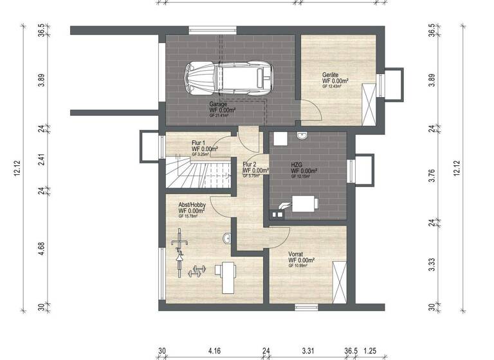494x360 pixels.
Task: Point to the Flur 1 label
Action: (198, 143)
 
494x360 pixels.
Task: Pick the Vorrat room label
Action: (296, 253)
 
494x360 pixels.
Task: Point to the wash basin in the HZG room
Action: (302, 135)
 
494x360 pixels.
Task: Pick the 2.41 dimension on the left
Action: (41, 159)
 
